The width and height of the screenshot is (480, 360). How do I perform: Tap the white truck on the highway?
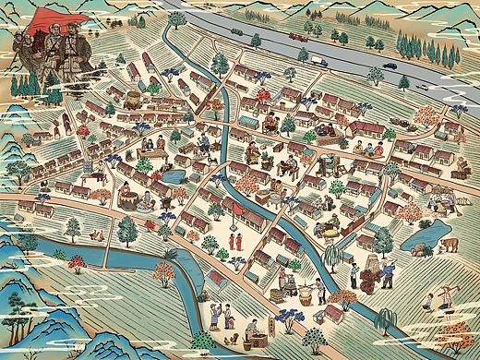316,60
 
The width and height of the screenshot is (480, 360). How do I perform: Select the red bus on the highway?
296,37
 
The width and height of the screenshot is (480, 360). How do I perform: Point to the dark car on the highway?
390,66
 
